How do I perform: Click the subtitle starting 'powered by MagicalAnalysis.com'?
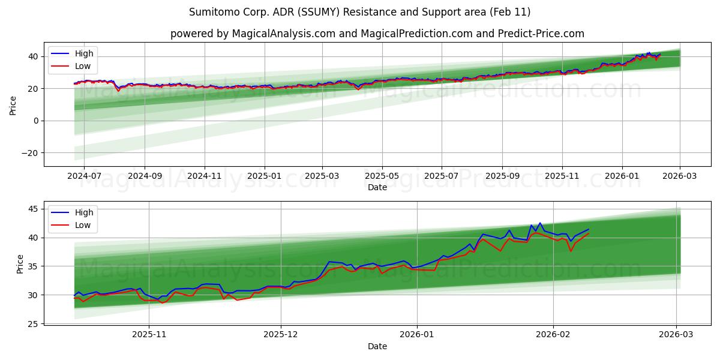pyautogui.click(x=377, y=34)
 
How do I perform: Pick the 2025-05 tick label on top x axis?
pyautogui.click(x=382, y=176)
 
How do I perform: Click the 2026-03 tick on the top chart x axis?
pyautogui.click(x=680, y=176)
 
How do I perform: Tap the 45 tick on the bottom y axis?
pyautogui.click(x=33, y=209)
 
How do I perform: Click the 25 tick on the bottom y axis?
pyautogui.click(x=33, y=324)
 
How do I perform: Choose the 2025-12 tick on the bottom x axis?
pyautogui.click(x=280, y=335)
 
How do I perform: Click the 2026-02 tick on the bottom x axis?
pyautogui.click(x=553, y=335)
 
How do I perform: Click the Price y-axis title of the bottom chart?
pyautogui.click(x=20, y=264)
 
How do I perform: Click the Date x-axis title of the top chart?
pyautogui.click(x=377, y=187)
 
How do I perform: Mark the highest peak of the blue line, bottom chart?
pyautogui.click(x=539, y=223)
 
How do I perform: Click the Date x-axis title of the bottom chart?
pyautogui.click(x=377, y=346)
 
